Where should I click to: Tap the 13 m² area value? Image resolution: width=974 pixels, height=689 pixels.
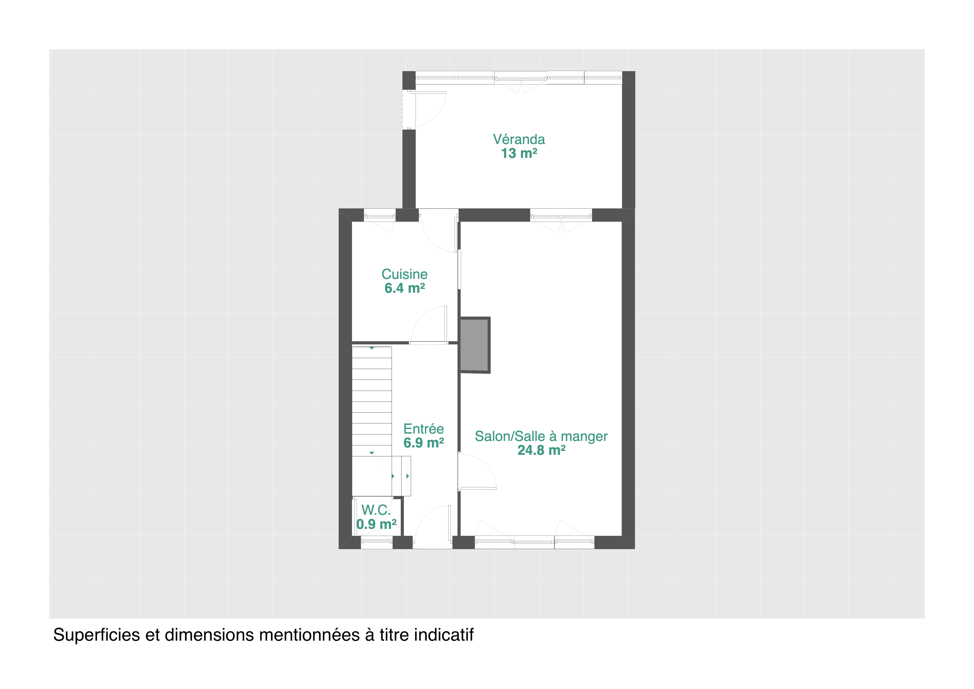(x=519, y=153)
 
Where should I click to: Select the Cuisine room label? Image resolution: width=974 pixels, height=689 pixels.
(x=404, y=274)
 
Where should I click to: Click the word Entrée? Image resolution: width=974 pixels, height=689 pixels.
(x=423, y=429)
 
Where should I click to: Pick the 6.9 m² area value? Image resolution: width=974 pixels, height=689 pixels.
(x=423, y=443)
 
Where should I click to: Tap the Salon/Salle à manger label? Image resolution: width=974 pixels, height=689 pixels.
(x=541, y=436)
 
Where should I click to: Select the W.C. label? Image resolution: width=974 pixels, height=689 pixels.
(x=376, y=510)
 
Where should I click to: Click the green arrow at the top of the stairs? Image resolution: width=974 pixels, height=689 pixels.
(x=372, y=348)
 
